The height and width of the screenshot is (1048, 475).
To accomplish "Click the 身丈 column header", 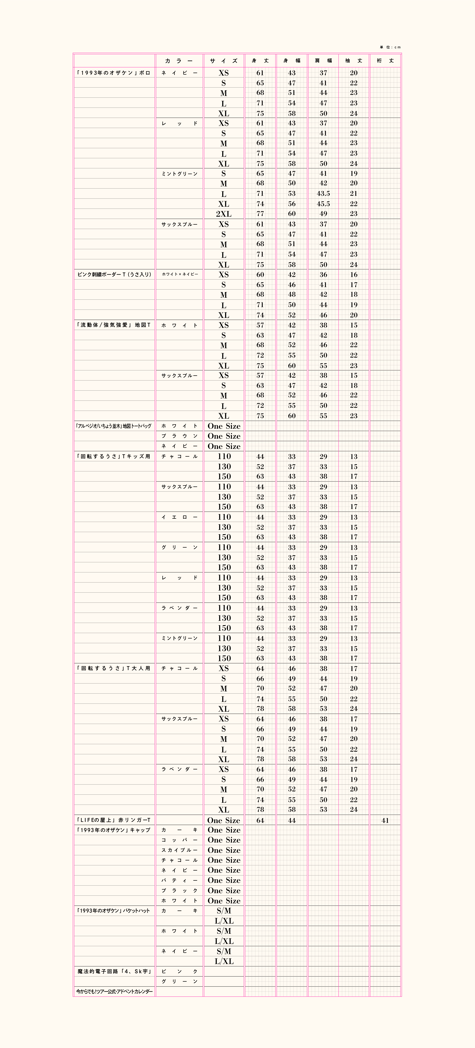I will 260,61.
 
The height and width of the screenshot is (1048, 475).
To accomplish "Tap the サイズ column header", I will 224,61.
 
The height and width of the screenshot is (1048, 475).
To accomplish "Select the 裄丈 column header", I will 385,61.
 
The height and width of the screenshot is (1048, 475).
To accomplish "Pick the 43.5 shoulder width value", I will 323,194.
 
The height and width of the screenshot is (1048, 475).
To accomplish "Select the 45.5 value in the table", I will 323,204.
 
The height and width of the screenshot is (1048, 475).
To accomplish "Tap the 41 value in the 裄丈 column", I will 385,821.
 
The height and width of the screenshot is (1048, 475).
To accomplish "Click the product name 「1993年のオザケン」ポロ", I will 114,73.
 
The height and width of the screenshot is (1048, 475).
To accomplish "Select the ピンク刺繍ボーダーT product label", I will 114,275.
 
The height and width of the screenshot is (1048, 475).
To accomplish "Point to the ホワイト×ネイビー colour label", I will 180,275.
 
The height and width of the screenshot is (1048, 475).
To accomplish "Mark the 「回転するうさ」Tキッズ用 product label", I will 114,456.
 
